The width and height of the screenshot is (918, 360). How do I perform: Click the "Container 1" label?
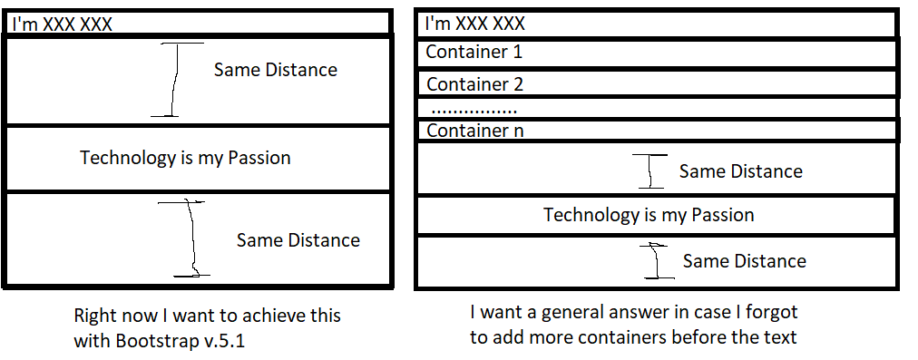click(x=474, y=52)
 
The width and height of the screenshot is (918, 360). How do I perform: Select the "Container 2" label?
click(x=474, y=84)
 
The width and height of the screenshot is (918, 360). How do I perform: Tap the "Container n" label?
click(x=474, y=131)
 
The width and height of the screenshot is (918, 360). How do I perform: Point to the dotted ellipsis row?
click(x=474, y=110)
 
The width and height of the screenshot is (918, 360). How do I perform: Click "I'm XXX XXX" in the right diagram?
click(x=474, y=24)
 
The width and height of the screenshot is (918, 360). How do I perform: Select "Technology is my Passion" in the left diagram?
click(x=185, y=158)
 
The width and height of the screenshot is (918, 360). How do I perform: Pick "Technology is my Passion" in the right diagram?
click(x=649, y=215)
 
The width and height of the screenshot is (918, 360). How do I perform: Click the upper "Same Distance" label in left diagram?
click(x=275, y=70)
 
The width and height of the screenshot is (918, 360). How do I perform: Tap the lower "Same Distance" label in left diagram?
click(x=298, y=240)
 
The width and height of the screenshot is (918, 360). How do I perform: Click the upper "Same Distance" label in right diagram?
click(x=740, y=171)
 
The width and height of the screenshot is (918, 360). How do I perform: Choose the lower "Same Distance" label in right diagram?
click(x=744, y=261)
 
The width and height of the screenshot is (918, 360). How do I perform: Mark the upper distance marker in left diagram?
click(x=174, y=80)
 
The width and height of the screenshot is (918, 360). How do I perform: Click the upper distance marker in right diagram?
click(x=650, y=171)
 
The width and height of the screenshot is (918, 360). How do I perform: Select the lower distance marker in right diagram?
click(x=658, y=261)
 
